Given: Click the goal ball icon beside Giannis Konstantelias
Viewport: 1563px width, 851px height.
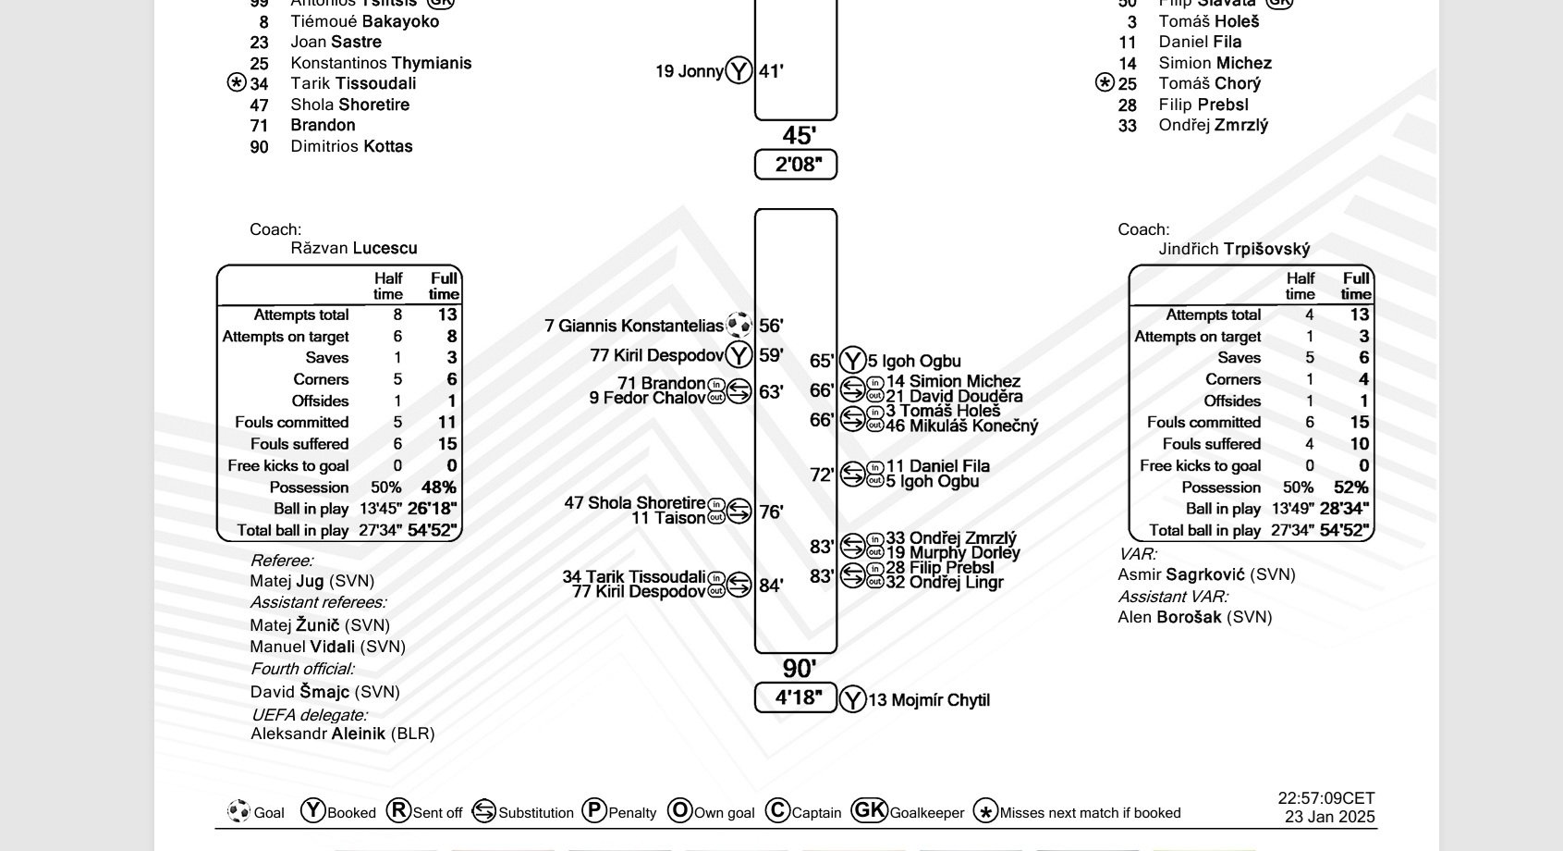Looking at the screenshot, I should tap(739, 325).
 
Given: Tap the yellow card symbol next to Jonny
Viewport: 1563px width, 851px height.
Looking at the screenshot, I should tap(739, 70).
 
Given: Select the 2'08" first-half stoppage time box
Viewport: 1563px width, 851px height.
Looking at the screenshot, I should tap(796, 165).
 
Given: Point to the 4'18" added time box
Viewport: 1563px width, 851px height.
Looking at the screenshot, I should tap(796, 697).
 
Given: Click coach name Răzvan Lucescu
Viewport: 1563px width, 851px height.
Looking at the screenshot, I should tap(353, 248).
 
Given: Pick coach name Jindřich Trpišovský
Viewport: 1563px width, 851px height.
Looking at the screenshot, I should tap(1234, 249).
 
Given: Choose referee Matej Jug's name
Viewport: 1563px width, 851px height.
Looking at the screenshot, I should tap(311, 581).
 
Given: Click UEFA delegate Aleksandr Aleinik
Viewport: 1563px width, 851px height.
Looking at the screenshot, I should tap(342, 734).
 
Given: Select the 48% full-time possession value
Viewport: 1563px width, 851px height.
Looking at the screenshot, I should tap(438, 487).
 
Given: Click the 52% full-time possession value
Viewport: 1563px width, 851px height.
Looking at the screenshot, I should tap(1350, 487).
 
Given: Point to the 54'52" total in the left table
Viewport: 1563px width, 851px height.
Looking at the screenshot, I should tap(433, 530).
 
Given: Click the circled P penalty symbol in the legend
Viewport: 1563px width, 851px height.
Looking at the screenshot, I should tap(594, 811).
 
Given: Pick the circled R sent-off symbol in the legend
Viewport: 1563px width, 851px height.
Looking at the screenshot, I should tap(398, 811).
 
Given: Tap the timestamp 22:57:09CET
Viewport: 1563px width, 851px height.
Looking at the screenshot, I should tap(1325, 797).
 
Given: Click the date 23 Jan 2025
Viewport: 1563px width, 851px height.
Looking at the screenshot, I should tap(1329, 817).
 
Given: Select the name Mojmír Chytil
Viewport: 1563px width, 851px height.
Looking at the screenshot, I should tap(928, 700).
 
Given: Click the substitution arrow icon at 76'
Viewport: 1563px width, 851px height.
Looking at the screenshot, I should tap(739, 511).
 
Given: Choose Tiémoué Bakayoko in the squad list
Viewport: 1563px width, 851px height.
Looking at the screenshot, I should tap(364, 21).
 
